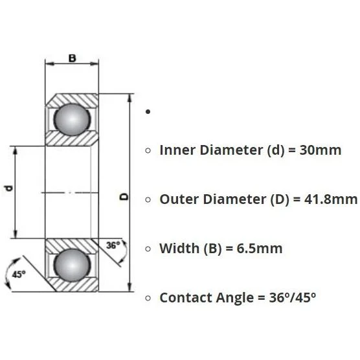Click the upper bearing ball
(x=72, y=119)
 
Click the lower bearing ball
(x=72, y=265)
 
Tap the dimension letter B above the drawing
(x=72, y=58)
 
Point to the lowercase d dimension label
(x=8, y=188)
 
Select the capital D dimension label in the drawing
(x=124, y=197)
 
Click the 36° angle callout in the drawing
(x=113, y=245)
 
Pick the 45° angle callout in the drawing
(x=19, y=274)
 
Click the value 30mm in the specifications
(x=321, y=150)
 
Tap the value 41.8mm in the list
(x=331, y=199)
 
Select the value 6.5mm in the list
(x=260, y=249)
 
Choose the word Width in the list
(x=179, y=249)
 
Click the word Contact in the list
(x=186, y=298)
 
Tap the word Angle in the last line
(x=235, y=298)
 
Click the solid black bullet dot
(x=148, y=112)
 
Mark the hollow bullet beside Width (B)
(x=148, y=249)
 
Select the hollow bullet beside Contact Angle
(x=148, y=298)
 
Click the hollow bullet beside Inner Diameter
(x=148, y=150)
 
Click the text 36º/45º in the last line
(x=293, y=298)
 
